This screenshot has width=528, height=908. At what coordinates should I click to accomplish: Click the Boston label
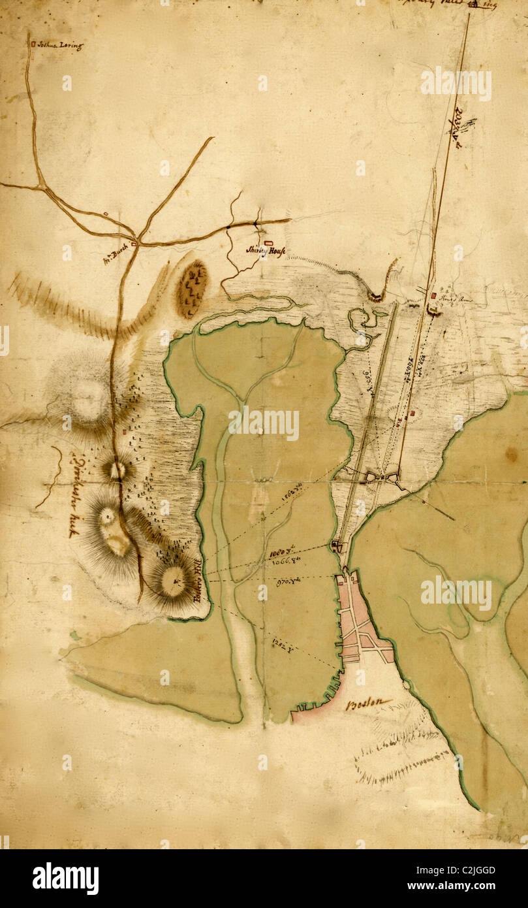pyautogui.click(x=369, y=704)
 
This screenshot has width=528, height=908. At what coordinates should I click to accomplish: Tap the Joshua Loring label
pyautogui.click(x=59, y=46)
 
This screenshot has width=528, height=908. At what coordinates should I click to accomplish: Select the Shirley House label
pyautogui.click(x=266, y=250)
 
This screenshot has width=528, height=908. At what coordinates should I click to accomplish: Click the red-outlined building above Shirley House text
pyautogui.click(x=268, y=242)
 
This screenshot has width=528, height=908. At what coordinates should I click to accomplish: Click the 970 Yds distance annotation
pyautogui.click(x=288, y=579)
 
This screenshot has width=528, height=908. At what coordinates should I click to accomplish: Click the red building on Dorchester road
pyautogui.click(x=124, y=431)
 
